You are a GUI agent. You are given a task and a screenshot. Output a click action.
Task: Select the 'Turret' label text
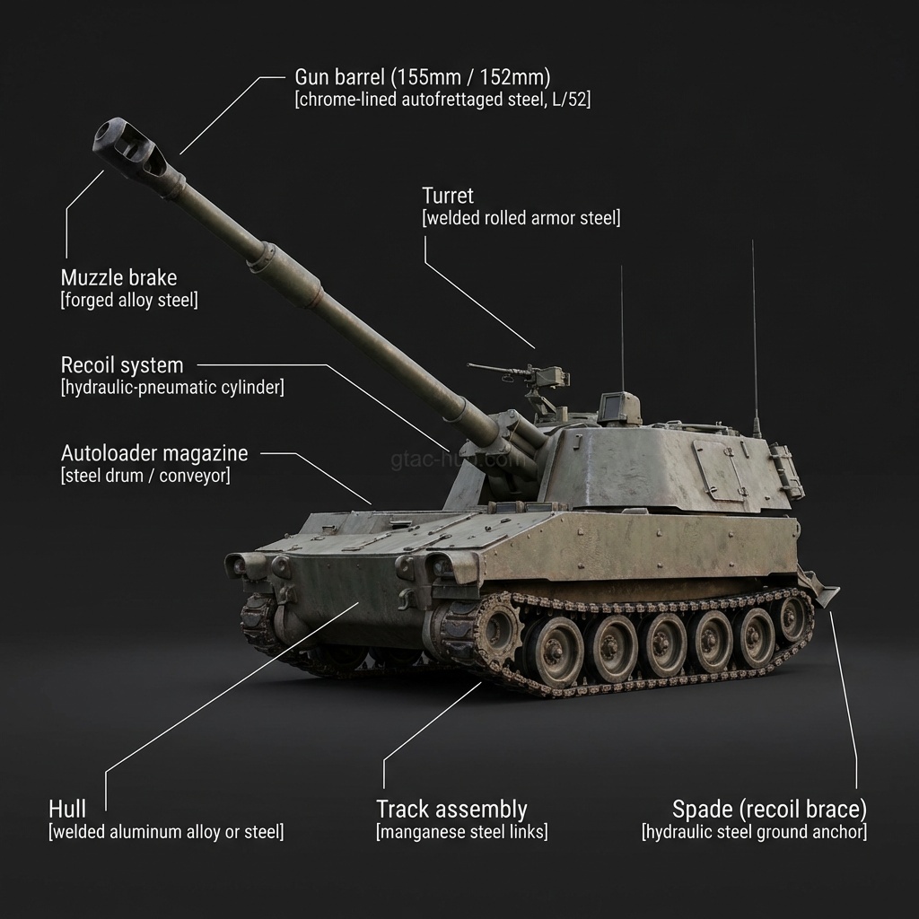tap(447, 196)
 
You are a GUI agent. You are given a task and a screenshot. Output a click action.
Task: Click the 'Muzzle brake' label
tap(118, 277)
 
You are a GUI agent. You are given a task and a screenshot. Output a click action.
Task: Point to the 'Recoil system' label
tap(122, 365)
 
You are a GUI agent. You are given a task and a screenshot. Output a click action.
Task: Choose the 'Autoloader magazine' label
tap(154, 453)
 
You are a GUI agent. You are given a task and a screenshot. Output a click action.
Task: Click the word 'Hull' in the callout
tap(67, 809)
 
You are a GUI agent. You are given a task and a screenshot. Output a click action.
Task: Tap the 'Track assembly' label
tap(451, 809)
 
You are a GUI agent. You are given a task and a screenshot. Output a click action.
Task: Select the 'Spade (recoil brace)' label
tap(769, 809)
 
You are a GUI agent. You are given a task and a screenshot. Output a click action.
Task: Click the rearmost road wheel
tap(791, 617)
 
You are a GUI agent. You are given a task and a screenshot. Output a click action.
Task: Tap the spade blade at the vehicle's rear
tap(819, 587)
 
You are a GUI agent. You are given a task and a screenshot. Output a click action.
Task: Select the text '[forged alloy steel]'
tap(129, 301)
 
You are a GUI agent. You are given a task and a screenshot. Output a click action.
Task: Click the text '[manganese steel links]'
tap(461, 832)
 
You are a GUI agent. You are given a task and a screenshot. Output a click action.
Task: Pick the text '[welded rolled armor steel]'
tap(521, 218)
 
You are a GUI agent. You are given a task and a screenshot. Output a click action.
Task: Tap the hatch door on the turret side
tap(718, 468)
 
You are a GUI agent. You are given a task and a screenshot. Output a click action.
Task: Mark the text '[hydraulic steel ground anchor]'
tap(754, 832)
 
